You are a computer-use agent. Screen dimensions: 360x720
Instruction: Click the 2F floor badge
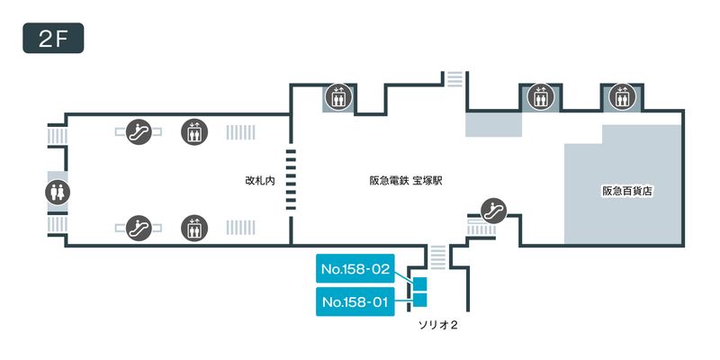(53, 39)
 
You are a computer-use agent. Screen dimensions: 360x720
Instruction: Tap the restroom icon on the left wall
(57, 192)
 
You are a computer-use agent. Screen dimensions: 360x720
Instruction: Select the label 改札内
(258, 181)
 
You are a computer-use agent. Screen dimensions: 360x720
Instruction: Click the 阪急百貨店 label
(626, 191)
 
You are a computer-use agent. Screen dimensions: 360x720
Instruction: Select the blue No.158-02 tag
(355, 268)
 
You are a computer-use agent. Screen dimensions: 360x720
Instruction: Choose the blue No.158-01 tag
(355, 302)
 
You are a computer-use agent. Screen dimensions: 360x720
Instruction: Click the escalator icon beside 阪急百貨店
(492, 209)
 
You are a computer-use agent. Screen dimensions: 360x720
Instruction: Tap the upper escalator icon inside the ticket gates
(139, 131)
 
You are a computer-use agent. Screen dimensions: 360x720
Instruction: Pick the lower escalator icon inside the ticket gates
(139, 226)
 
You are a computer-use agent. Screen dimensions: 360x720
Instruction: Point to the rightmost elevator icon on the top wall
(620, 94)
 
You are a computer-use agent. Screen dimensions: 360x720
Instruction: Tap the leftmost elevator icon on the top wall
(338, 95)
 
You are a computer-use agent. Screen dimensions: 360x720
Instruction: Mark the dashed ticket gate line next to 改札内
(290, 180)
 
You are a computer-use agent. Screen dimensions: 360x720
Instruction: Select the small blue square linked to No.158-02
(419, 284)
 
